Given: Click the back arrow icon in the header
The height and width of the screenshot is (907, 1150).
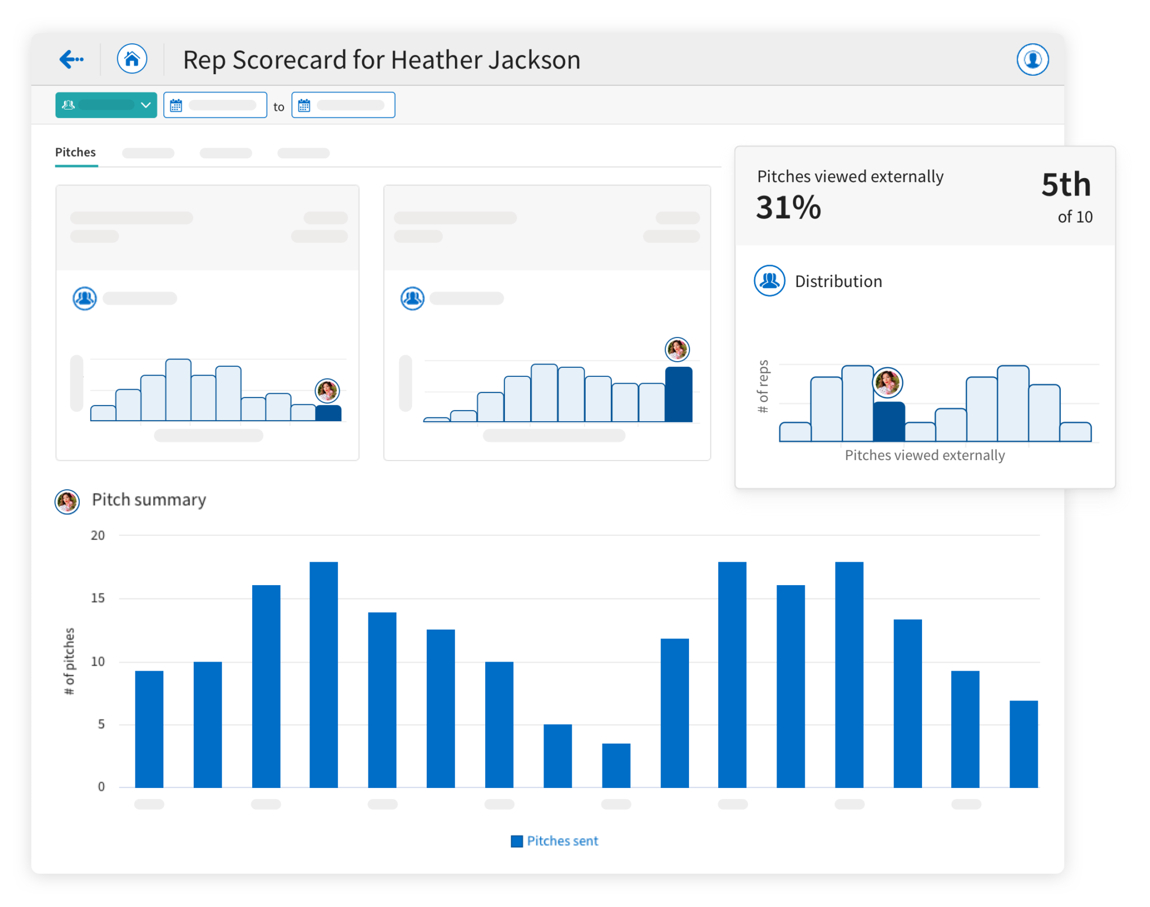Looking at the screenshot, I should pos(71,59).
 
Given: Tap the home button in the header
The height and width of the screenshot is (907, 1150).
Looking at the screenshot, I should pos(132,59).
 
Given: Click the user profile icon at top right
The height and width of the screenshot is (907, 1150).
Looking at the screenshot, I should pos(1032,60).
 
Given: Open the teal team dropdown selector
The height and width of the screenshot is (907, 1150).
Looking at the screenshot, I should pos(106,105).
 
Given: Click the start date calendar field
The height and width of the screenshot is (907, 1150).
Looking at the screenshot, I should pos(215,105).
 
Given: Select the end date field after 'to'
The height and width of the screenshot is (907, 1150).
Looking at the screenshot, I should pos(343,105).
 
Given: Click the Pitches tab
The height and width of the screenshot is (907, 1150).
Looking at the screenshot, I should pos(75,152).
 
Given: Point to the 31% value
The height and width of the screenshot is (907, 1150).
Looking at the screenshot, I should pos(788,207).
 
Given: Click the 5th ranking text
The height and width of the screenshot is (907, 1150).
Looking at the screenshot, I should pos(1066,185).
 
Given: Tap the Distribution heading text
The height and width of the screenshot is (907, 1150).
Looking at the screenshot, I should pos(838,281).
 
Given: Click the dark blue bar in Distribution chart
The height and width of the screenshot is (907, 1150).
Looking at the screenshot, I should pos(889,422).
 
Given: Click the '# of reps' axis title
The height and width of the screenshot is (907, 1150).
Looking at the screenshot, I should pos(763,386).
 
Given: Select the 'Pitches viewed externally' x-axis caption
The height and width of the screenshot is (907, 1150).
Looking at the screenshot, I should pos(925,455).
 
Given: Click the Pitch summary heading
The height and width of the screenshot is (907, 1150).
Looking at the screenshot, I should pos(149,500).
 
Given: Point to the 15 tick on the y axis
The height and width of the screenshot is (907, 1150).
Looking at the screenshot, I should pos(98,598).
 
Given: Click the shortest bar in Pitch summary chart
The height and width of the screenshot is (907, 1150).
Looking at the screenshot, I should pos(616,765).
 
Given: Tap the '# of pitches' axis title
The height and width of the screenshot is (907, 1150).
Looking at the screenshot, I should pos(69,661).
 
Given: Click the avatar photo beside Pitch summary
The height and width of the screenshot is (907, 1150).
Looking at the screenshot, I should pos(67,502).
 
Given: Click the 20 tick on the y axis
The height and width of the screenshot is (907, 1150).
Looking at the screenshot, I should pos(98,535).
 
